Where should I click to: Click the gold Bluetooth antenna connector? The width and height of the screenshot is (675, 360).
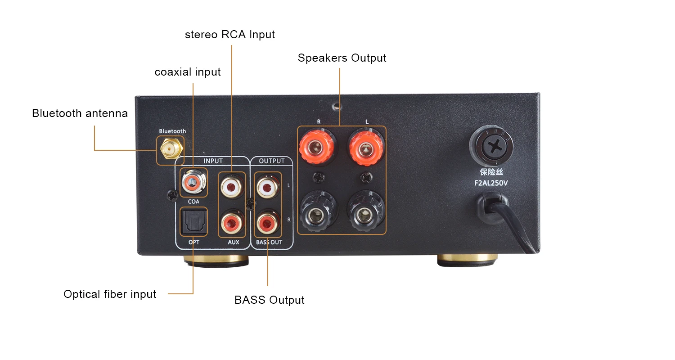tap(170, 149)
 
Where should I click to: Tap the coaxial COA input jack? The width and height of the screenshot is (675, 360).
tap(193, 182)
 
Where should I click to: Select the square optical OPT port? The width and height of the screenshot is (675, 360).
tap(193, 221)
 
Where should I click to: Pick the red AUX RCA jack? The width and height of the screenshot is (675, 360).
tap(232, 221)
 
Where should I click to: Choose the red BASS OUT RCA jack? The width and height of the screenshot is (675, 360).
tap(268, 221)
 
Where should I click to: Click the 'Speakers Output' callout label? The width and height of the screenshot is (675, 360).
tap(342, 58)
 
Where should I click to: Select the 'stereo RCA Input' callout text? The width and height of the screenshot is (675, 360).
tap(230, 35)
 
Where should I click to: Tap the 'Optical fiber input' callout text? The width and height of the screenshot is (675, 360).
tap(110, 294)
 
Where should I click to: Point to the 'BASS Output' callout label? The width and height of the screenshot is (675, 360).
tap(270, 300)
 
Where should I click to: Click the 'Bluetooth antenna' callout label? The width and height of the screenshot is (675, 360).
tap(80, 113)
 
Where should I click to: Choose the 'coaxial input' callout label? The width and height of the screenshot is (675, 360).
tap(188, 72)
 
